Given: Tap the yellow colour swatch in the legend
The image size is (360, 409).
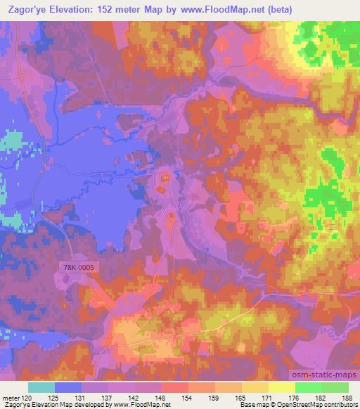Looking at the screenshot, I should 282,387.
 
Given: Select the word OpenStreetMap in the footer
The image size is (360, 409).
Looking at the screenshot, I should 290,405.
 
